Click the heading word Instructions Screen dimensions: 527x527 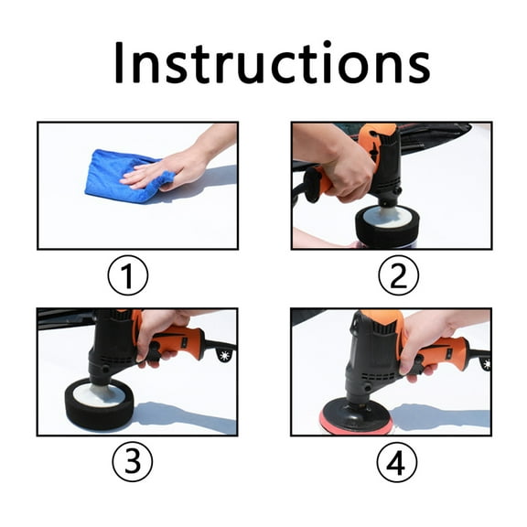tap(272, 62)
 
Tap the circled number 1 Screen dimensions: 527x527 tap(128, 275)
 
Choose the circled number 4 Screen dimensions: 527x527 tap(395, 463)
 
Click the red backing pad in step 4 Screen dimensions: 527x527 tap(355, 422)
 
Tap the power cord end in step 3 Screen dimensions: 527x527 tap(223, 354)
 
